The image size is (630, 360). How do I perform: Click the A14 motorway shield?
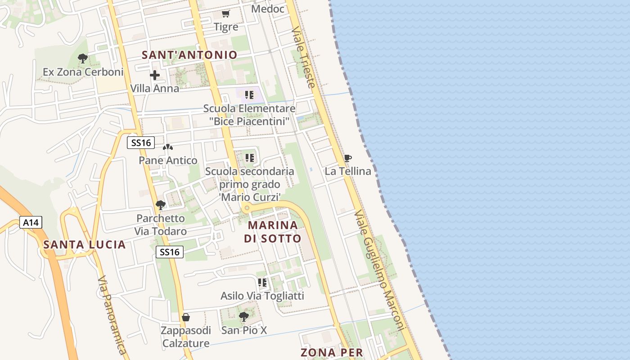coord(31,222)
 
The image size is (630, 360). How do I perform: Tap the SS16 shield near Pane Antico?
coord(140,143)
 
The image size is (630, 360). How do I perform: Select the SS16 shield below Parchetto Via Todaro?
coord(170,252)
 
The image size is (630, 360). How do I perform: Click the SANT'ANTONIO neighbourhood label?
coord(189,55)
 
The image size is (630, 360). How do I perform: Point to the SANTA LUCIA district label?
coord(84,245)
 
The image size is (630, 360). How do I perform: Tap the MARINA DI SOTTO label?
coord(273,231)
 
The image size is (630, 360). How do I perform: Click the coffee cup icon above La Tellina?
coord(347,158)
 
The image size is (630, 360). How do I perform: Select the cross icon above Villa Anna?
coord(155,75)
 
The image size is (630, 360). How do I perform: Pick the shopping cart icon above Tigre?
coord(226,14)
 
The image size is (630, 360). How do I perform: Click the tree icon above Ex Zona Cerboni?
coord(82,58)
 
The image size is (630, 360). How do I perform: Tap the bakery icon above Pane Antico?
coord(168,147)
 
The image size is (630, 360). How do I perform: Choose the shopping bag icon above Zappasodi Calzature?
coord(185,317)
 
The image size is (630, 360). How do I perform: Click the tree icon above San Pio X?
coord(243,317)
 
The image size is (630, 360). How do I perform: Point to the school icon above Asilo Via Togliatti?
coord(262,282)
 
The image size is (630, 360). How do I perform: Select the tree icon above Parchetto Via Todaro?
coord(160,205)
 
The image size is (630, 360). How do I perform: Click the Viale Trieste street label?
coord(303,57)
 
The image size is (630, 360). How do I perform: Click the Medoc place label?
coord(268,9)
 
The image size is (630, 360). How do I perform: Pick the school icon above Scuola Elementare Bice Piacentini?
coord(249,95)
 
